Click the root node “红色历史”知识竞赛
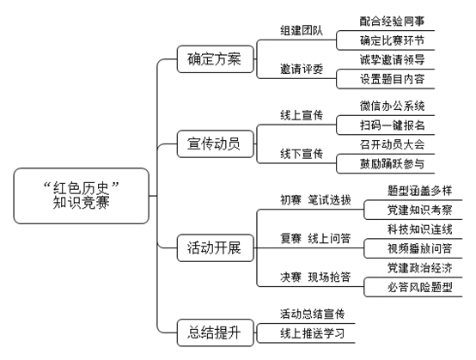pyautogui.click(x=82, y=196)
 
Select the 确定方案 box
pyautogui.click(x=216, y=59)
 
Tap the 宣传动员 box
pyautogui.click(x=216, y=143)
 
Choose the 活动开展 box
pyautogui.click(x=216, y=248)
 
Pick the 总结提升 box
pyautogui.click(x=216, y=333)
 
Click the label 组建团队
pyautogui.click(x=302, y=31)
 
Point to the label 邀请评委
pyautogui.click(x=302, y=70)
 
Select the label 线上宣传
pyautogui.click(x=302, y=115)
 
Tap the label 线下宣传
pyautogui.click(x=302, y=154)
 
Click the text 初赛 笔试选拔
pyautogui.click(x=315, y=200)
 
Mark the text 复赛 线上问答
pyautogui.click(x=315, y=239)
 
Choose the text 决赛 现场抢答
pyautogui.click(x=315, y=278)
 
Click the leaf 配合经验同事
pyautogui.click(x=392, y=21)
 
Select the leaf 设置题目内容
pyautogui.click(x=392, y=79)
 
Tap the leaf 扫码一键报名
pyautogui.click(x=392, y=125)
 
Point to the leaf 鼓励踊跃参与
pyautogui.click(x=392, y=164)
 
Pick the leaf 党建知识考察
pyautogui.click(x=420, y=210)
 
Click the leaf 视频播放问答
pyautogui.click(x=420, y=248)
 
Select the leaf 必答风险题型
pyautogui.click(x=420, y=287)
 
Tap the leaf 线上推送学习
pyautogui.click(x=312, y=333)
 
